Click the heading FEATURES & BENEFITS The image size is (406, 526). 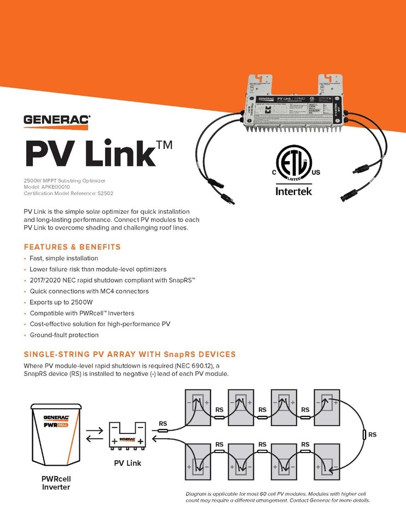pos(72,247)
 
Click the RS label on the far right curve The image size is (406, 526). pos(372,434)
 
